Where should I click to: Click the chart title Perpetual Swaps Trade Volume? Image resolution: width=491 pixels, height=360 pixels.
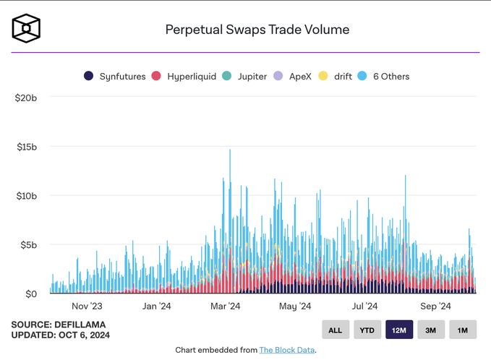click(257, 30)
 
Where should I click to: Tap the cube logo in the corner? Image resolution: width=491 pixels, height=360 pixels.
click(26, 28)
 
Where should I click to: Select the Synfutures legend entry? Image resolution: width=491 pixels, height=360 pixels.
click(115, 77)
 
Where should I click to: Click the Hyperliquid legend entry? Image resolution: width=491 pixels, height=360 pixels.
click(184, 77)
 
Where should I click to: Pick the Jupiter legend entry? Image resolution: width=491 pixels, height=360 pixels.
click(244, 77)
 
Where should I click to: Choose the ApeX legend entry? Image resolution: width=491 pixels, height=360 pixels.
click(292, 77)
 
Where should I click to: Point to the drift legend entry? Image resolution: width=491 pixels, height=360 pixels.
click(335, 77)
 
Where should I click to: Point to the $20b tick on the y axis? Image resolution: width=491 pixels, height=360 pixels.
click(26, 98)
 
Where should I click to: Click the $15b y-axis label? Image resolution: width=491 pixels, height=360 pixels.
click(27, 147)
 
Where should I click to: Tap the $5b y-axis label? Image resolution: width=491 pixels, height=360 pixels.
click(28, 245)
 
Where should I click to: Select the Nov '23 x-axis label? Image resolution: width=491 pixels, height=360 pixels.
click(87, 306)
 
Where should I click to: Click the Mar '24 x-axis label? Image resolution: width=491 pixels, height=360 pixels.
click(225, 306)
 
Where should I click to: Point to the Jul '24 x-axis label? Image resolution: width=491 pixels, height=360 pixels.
click(364, 306)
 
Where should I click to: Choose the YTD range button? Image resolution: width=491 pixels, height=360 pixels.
click(367, 330)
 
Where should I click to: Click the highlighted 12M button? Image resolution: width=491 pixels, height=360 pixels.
click(399, 330)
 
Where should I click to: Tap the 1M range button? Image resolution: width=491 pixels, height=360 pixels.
click(463, 330)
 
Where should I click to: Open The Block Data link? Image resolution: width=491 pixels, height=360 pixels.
click(287, 350)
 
